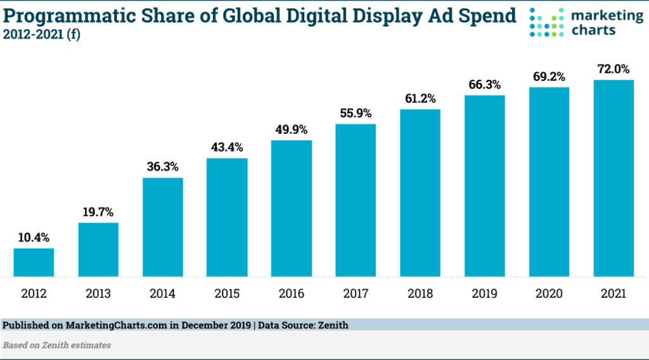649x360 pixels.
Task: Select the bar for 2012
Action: pyautogui.click(x=34, y=262)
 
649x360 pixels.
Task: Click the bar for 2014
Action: pyautogui.click(x=163, y=227)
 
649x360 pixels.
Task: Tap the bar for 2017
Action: pyautogui.click(x=356, y=200)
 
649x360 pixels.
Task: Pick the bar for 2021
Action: pyautogui.click(x=613, y=178)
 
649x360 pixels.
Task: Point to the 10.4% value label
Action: pyautogui.click(x=34, y=238)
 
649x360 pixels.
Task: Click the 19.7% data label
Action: pyautogui.click(x=98, y=212)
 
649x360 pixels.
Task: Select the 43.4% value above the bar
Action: pyautogui.click(x=227, y=148)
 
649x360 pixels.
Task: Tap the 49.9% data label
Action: pyautogui.click(x=292, y=130)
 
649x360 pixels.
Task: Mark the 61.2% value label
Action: pyautogui.click(x=420, y=99)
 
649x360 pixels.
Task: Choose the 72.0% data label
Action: pyautogui.click(x=613, y=69)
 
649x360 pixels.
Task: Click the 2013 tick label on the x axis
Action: pyautogui.click(x=98, y=293)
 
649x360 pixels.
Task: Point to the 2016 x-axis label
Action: pyautogui.click(x=292, y=293)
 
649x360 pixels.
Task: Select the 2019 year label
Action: pyautogui.click(x=484, y=293)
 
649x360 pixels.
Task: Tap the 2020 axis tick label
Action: pyautogui.click(x=549, y=293)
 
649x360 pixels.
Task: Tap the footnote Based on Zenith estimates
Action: pyautogui.click(x=57, y=345)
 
